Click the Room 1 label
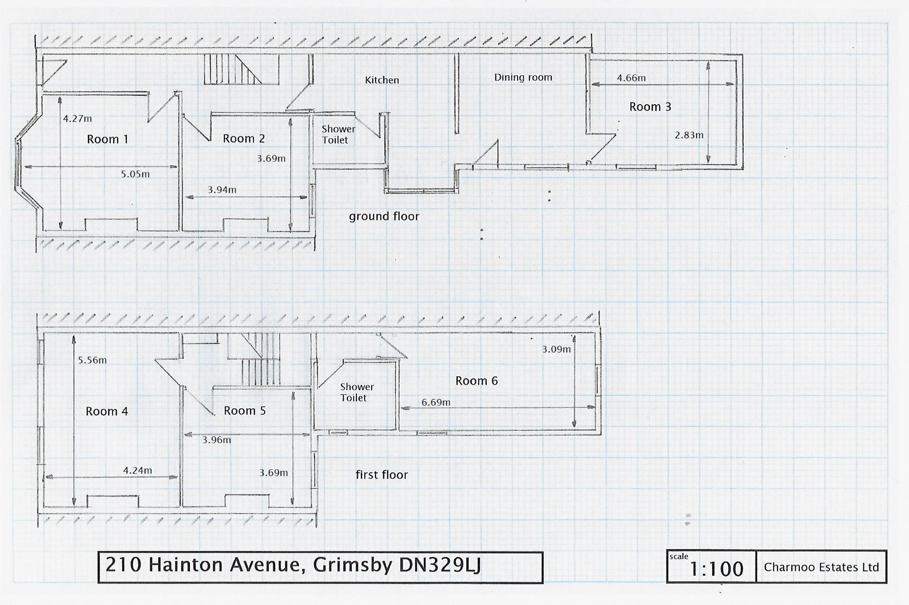pos(107,139)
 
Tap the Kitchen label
pos(382,80)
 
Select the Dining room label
pos(523,77)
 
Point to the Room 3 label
pos(650,107)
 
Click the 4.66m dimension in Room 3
pos(631,78)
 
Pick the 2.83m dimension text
pos(689,135)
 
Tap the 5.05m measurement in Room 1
pos(135,174)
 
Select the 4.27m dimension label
pos(78,118)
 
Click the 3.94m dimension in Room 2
pos(222,190)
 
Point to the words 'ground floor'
pos(384,217)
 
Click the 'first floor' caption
pos(382,475)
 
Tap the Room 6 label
pos(476,381)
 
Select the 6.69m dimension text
pos(436,403)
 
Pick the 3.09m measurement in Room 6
pos(556,350)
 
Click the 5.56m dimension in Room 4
pos(92,360)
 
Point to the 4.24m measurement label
pos(138,470)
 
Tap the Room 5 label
pos(244,411)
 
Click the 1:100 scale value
pos(716,569)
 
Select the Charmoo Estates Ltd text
pos(821,567)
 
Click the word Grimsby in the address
pos(353,565)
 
